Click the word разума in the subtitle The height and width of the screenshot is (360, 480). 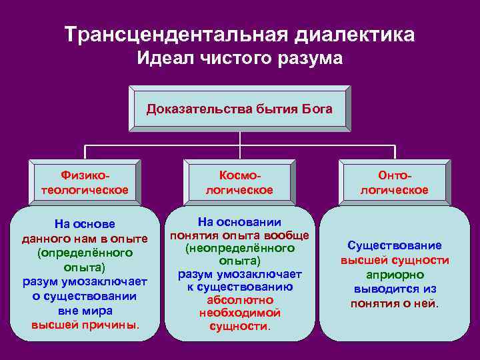(x=311, y=59)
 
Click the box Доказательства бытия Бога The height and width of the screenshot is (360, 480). (x=239, y=109)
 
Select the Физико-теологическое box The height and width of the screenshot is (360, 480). (x=85, y=182)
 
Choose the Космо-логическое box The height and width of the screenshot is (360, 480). (x=240, y=182)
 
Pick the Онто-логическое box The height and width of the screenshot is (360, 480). (x=395, y=182)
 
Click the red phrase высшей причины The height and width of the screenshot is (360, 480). (x=85, y=325)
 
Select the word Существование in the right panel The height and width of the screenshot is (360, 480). (x=395, y=245)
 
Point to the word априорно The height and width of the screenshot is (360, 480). (x=395, y=275)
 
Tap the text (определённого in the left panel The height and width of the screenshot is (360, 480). (x=85, y=253)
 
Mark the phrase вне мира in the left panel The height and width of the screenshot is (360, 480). (x=85, y=311)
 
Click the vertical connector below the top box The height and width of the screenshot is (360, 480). (x=240, y=139)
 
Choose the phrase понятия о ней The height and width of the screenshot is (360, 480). (x=395, y=304)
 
